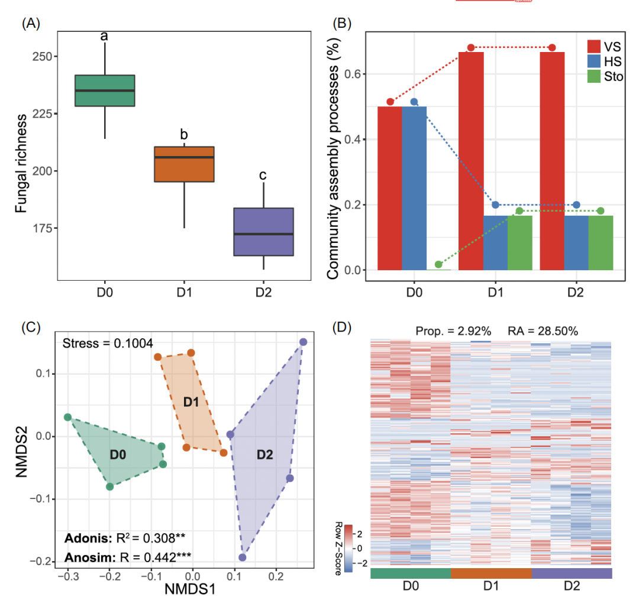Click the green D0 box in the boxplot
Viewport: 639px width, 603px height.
pyautogui.click(x=104, y=90)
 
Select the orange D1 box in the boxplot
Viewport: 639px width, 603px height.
pyautogui.click(x=184, y=164)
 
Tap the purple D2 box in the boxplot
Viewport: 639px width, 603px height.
pyautogui.click(x=263, y=232)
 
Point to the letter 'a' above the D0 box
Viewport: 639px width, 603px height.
pyautogui.click(x=104, y=37)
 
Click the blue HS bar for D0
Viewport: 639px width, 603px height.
pyautogui.click(x=414, y=188)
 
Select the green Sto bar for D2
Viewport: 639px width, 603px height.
pyautogui.click(x=601, y=242)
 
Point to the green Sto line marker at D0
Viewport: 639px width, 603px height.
pyautogui.click(x=438, y=264)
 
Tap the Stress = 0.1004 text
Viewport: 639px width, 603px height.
pyautogui.click(x=108, y=343)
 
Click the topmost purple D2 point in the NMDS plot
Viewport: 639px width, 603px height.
pyautogui.click(x=303, y=342)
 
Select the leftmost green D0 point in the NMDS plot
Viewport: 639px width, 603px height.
pyautogui.click(x=67, y=417)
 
